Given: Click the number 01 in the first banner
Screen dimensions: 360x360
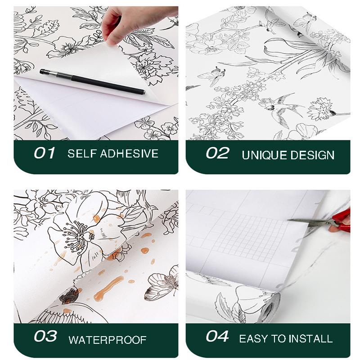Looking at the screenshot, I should point(44,153).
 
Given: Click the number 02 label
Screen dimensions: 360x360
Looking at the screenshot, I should point(217,153).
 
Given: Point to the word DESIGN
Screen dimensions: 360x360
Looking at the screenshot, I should point(312,155).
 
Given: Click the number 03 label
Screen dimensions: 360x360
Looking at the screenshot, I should point(45,337).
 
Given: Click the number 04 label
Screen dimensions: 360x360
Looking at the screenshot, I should point(217,337).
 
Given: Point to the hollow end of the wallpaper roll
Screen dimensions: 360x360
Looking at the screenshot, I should point(268,306).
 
